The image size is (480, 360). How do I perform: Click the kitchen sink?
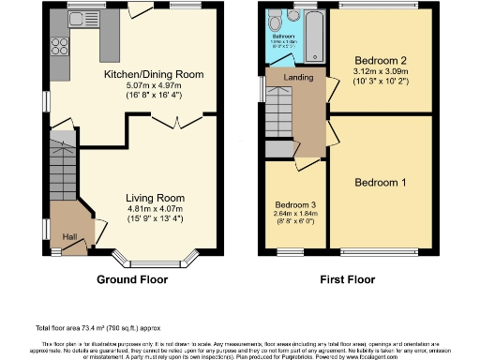[x=78, y=16]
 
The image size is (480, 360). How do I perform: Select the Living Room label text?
[x=156, y=199]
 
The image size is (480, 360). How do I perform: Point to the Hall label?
[x=69, y=237]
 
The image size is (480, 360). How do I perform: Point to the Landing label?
[x=297, y=77]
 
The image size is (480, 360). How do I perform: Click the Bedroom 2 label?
[x=383, y=59]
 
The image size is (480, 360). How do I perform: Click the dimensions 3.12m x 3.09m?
[x=383, y=71]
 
